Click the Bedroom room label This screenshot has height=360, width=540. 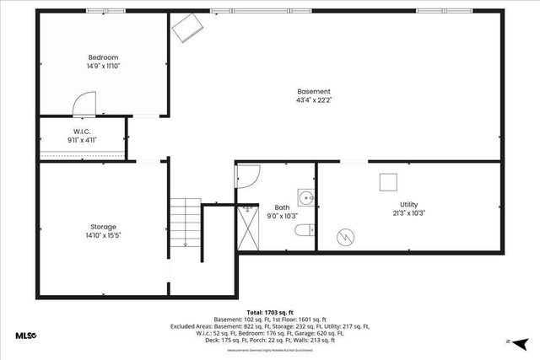point(103,56)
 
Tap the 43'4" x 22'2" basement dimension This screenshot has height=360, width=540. point(314,101)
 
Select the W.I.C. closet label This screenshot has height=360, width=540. point(82,132)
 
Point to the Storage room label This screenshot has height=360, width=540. point(103,227)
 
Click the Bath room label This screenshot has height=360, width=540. point(282,207)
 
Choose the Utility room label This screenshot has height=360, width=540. point(408,204)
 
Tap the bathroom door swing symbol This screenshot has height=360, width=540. point(247,176)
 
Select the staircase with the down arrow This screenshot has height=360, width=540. point(185,223)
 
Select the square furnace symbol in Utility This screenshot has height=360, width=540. point(389,182)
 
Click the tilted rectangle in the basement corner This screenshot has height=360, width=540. point(187,30)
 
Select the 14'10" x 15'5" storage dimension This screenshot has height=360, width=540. point(103,236)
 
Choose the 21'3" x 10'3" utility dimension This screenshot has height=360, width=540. point(408,213)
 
